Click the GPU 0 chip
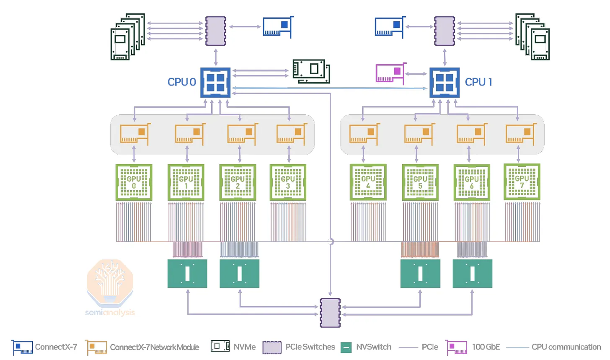[134, 182]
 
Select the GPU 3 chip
[288, 182]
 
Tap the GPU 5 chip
[420, 182]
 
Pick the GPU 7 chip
[522, 182]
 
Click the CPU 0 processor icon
[215, 83]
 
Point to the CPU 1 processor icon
[445, 83]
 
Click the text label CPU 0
[182, 82]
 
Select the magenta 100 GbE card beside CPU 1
[390, 73]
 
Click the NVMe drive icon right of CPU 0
[311, 71]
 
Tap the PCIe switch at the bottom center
[330, 313]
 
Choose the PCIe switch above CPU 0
[216, 31]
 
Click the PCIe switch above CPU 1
[445, 31]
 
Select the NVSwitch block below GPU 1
[187, 274]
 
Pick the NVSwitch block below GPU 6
[472, 274]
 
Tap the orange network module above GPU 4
[364, 134]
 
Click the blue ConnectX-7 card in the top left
[277, 27]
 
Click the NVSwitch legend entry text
[374, 347]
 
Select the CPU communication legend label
[566, 347]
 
